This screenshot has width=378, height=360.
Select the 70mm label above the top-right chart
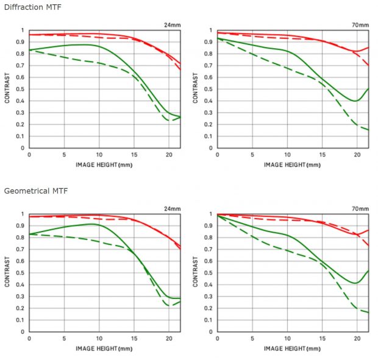pyautogui.click(x=360, y=25)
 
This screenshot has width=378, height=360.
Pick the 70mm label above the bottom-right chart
pyautogui.click(x=360, y=209)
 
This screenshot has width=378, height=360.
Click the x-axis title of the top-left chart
pyautogui.click(x=104, y=164)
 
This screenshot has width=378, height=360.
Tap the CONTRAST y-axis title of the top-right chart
pyautogui.click(x=196, y=89)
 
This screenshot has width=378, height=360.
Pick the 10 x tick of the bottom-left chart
pyautogui.click(x=99, y=339)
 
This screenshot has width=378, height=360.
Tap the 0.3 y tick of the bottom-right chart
pyautogui.click(x=209, y=297)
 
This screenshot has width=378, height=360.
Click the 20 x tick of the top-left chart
pyautogui.click(x=168, y=155)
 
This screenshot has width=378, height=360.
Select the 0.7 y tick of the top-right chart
pyautogui.click(x=209, y=65)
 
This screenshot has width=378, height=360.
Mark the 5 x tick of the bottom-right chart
pyautogui.click(x=252, y=339)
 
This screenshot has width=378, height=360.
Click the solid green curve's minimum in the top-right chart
pyautogui.click(x=356, y=101)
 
